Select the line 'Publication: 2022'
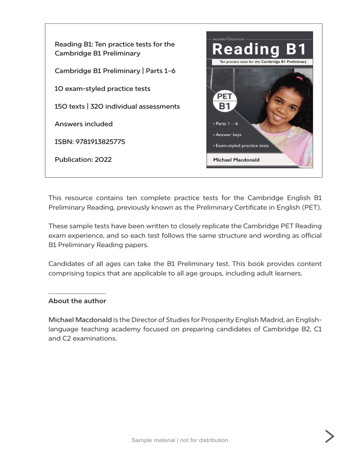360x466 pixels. [83, 159]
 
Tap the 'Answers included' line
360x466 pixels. [83, 124]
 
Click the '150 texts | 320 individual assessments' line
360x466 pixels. [117, 106]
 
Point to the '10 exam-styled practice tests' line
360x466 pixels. [103, 89]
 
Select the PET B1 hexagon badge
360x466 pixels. [225, 102]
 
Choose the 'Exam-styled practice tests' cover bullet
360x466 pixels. [240, 146]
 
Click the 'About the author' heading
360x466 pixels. [77, 301]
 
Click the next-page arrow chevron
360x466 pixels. [330, 436]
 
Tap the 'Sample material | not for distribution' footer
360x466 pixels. [180, 440]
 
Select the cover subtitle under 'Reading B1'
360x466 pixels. [259, 61]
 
